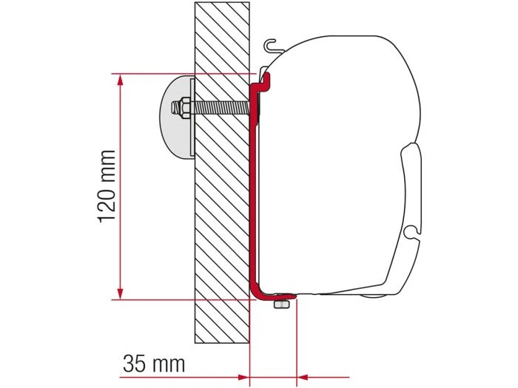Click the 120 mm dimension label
point(107,186)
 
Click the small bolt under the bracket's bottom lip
point(281,304)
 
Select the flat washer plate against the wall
point(191,118)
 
